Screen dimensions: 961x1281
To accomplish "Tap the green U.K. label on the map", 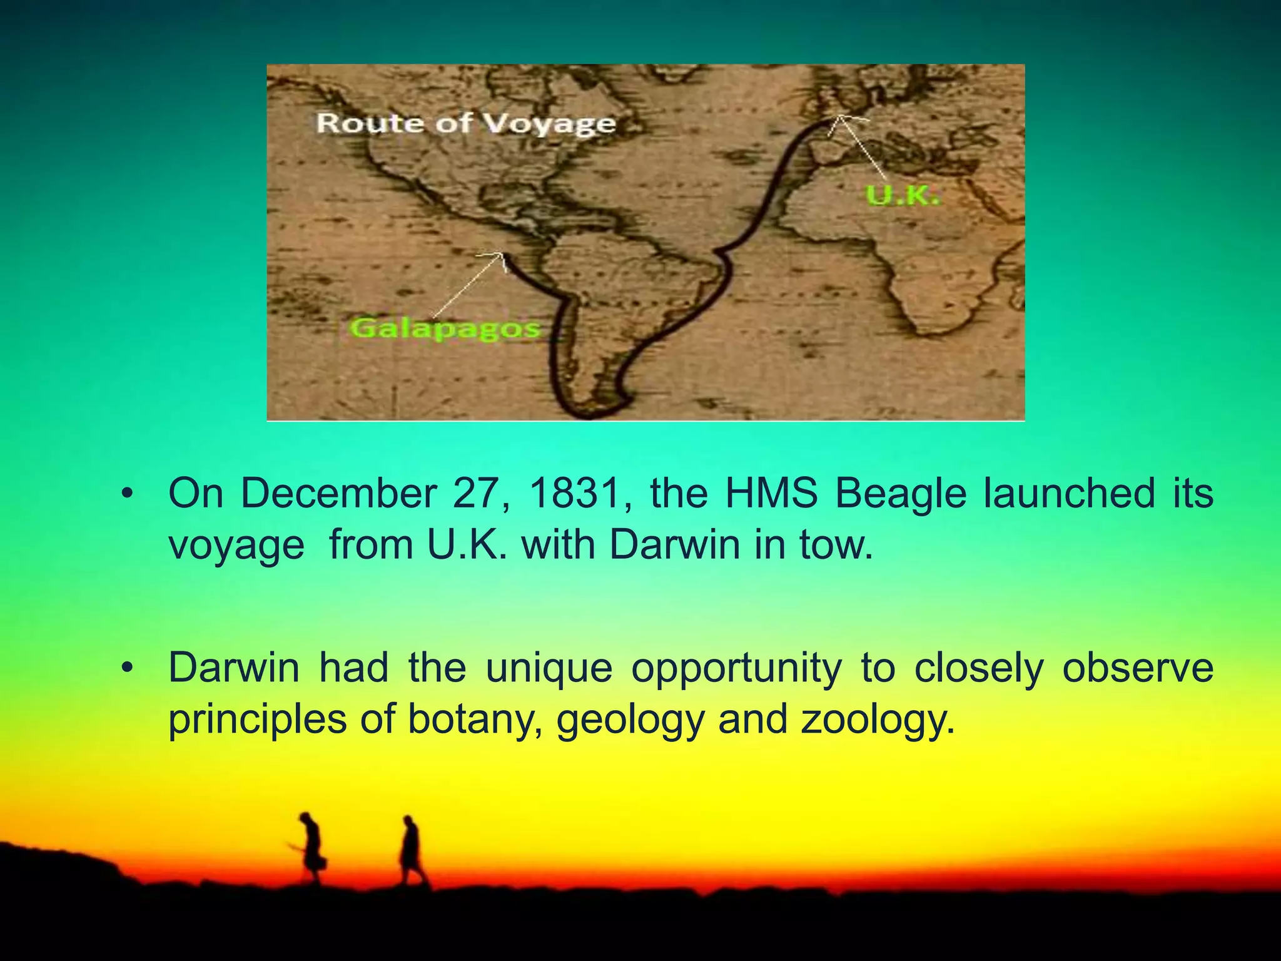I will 903,196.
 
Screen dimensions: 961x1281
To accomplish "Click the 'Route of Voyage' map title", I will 466,124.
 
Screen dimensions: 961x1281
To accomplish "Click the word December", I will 338,494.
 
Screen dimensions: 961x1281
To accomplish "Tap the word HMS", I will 771,494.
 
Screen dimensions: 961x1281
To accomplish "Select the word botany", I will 475,719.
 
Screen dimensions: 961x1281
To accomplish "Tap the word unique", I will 549,668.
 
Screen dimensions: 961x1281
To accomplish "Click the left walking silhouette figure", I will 310,847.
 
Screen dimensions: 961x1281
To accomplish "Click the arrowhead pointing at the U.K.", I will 841,119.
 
